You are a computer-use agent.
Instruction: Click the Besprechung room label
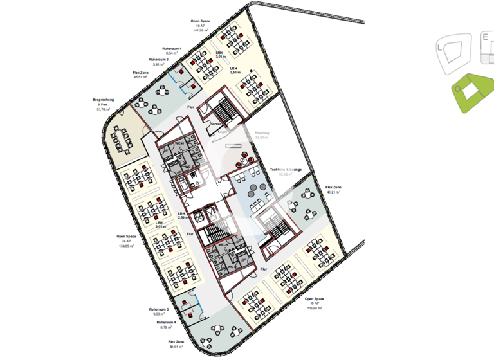[103, 100]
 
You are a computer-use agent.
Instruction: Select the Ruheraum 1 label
[172, 49]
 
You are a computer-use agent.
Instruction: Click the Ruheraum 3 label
[160, 309]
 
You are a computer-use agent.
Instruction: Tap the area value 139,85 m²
[125, 246]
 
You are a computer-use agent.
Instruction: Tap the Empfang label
[261, 133]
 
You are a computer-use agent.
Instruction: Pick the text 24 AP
[125, 241]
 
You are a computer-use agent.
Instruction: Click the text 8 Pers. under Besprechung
[103, 105]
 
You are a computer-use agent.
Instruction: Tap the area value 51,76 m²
[103, 110]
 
